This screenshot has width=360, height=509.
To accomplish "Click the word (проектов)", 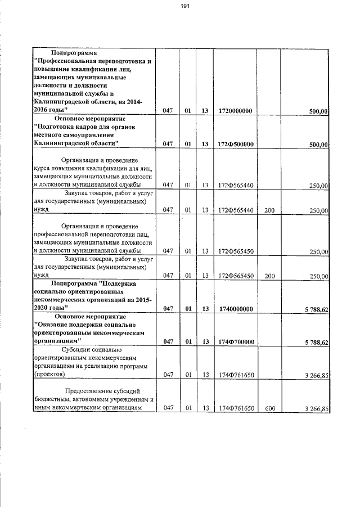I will tap(49, 373).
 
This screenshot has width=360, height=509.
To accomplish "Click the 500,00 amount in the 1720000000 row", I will tap(319, 112).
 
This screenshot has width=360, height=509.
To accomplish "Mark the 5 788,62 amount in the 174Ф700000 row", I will tap(316, 342).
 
